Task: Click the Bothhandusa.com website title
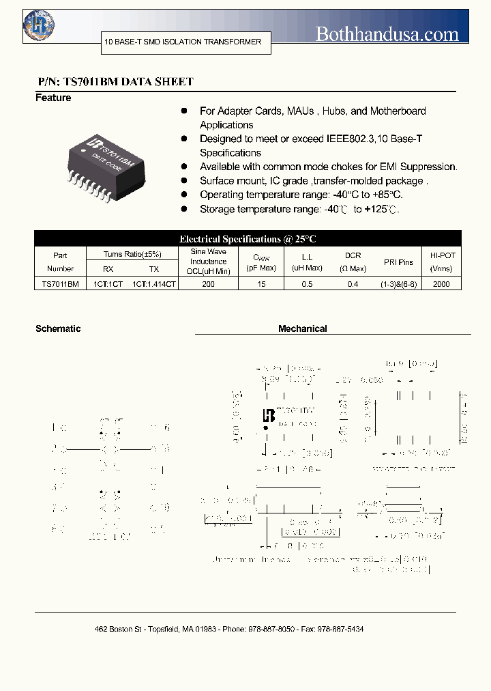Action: pos(387,33)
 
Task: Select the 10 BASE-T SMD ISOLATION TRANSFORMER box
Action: pos(183,42)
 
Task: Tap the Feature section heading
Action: pos(53,98)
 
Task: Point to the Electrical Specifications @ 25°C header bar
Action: pos(248,239)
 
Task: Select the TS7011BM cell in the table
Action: pos(60,283)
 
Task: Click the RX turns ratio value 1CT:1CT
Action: pos(108,283)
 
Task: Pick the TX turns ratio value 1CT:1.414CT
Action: pos(155,283)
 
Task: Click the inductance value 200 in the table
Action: pos(208,283)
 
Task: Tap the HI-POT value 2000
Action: pos(441,283)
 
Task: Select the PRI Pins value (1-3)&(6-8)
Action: pos(398,283)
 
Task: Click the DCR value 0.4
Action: pos(353,283)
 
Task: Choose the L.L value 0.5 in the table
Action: pos(307,283)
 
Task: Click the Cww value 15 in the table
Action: pos(261,283)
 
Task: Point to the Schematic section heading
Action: pos(58,328)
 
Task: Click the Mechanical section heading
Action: pos(302,328)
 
